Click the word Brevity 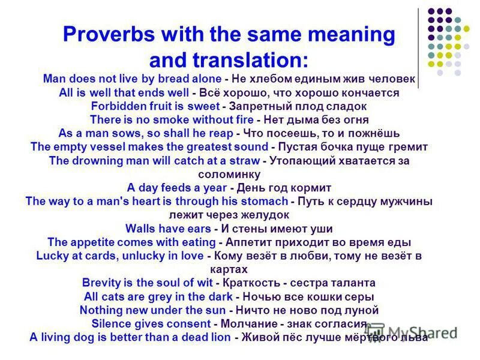(x=102, y=283)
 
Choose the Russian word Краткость (x=249, y=283)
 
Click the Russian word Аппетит (x=247, y=242)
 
